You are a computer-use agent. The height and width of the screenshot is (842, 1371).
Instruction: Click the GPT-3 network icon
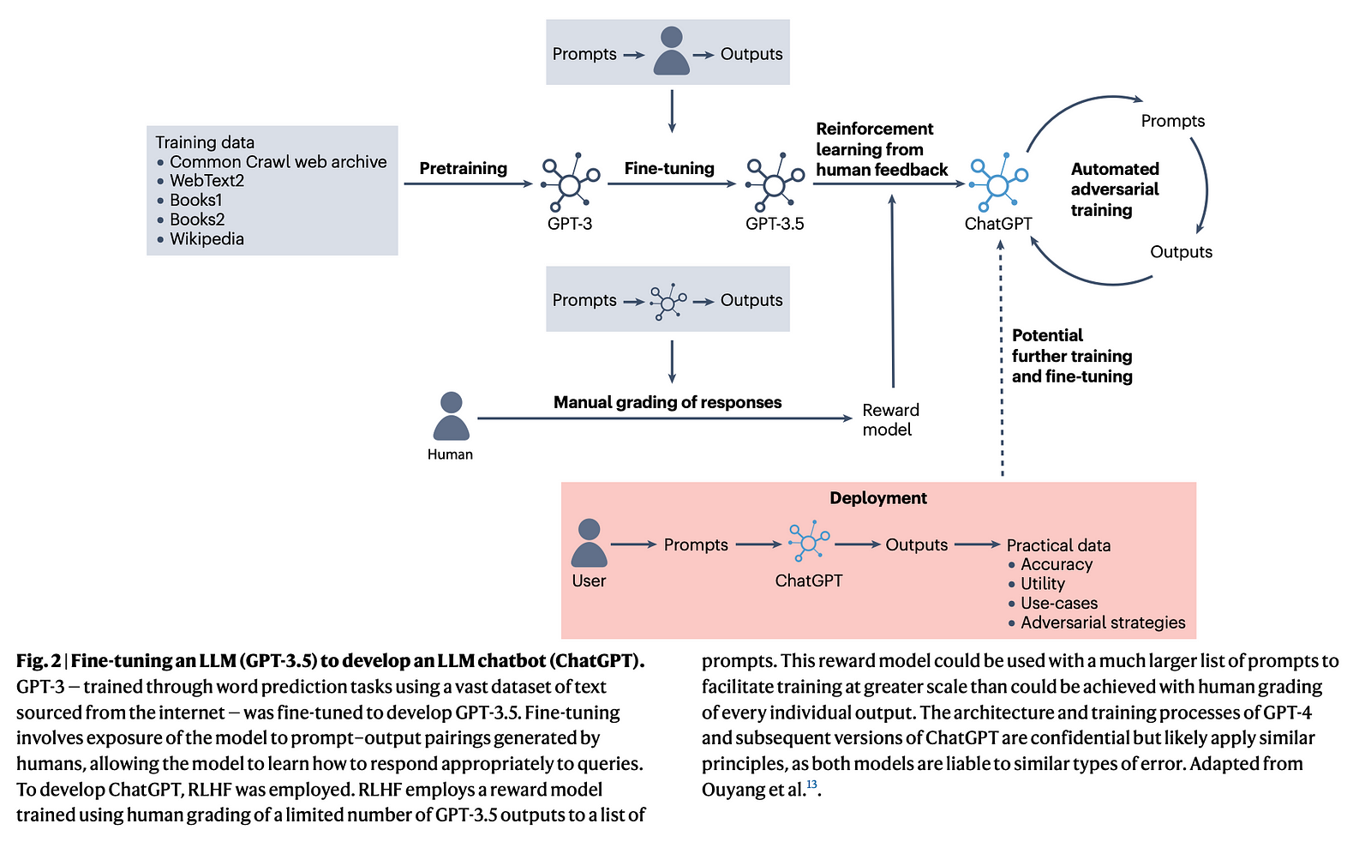tap(569, 183)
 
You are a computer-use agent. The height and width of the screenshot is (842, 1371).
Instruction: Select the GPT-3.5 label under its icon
tap(775, 224)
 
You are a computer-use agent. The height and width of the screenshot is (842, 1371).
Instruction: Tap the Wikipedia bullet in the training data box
tap(207, 239)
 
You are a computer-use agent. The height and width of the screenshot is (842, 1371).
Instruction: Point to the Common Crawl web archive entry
tap(278, 162)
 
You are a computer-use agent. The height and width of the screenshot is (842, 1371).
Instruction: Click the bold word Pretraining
tap(463, 168)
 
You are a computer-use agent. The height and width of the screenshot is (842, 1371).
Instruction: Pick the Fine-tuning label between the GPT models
tap(669, 168)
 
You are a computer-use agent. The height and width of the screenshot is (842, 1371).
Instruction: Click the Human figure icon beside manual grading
tap(451, 417)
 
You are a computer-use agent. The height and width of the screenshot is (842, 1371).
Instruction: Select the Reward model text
tap(890, 420)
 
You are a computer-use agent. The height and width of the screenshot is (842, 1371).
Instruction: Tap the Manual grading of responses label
tap(667, 402)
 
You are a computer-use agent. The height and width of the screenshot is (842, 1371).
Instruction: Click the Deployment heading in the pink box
tap(877, 498)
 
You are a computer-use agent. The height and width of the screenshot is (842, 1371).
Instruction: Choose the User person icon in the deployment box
tap(589, 543)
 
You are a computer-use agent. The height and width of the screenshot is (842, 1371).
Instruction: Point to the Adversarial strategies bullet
tap(1103, 622)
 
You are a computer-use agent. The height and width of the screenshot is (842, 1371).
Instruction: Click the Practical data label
tap(1058, 545)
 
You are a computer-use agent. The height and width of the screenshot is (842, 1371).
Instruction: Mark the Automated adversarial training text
tap(1114, 189)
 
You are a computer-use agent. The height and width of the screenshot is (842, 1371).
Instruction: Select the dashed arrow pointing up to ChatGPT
tap(1001, 360)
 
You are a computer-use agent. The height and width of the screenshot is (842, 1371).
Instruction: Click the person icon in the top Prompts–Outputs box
tap(671, 51)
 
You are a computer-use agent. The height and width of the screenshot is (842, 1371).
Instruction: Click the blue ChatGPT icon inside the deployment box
tap(808, 542)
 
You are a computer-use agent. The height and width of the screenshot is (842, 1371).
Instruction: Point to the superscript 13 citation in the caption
tap(811, 785)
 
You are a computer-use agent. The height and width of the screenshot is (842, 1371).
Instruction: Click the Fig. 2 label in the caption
tap(39, 661)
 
